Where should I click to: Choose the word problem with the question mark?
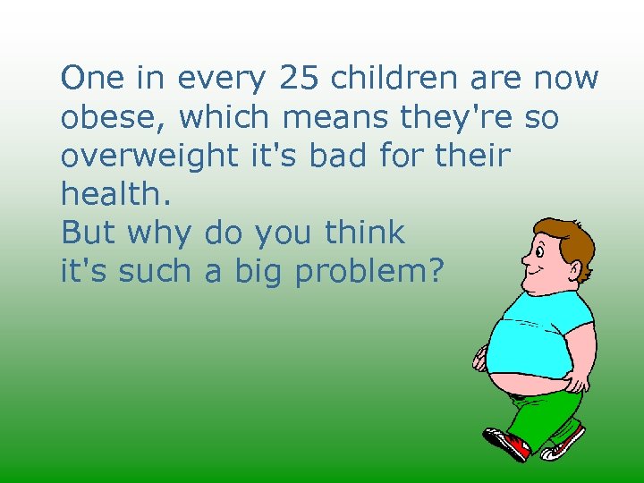coord(369,272)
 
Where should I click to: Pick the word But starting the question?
coord(88,233)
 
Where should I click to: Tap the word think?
coord(365,233)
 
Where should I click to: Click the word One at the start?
coord(92,79)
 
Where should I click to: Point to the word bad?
coord(335,156)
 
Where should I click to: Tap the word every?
coord(221,79)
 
